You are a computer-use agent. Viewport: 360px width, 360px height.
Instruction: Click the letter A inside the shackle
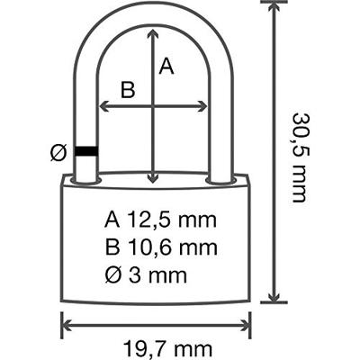166,67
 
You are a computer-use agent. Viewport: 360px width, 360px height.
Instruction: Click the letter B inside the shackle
128,90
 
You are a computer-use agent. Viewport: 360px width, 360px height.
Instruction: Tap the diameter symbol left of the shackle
58,152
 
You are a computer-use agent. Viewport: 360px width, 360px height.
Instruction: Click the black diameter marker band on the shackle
86,151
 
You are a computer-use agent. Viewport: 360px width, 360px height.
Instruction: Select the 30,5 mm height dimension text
300,157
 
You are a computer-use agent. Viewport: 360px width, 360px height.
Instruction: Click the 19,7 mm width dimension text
167,349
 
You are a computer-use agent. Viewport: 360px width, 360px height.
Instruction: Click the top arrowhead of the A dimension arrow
153,32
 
